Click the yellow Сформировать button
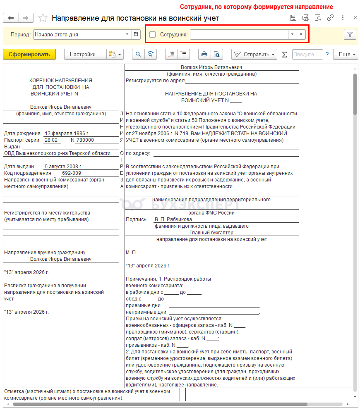(29, 54)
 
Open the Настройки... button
(85, 54)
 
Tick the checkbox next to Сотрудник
(153, 35)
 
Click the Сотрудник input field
(239, 35)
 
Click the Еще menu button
(347, 54)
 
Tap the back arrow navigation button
(11, 18)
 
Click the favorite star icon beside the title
(43, 18)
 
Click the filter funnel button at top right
(350, 35)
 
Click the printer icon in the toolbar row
(204, 54)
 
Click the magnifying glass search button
(138, 54)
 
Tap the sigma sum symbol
(284, 54)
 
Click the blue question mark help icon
(327, 54)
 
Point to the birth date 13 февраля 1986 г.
(67, 133)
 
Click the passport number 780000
(84, 140)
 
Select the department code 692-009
(71, 173)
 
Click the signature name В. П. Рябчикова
(173, 219)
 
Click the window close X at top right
(355, 18)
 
